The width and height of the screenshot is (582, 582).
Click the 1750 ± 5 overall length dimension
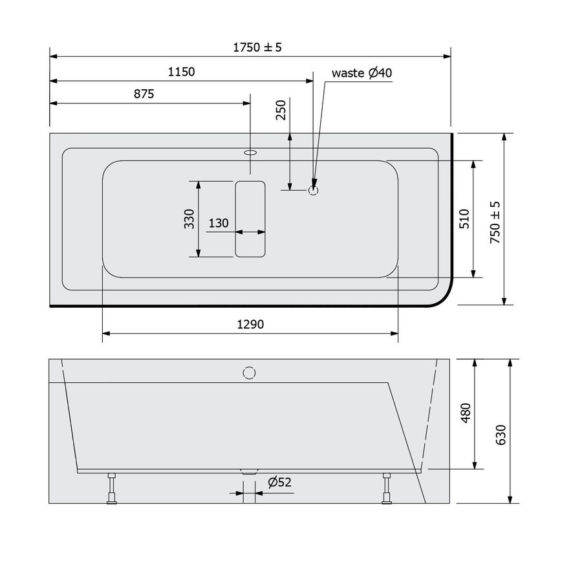point(258,47)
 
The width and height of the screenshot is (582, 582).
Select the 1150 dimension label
point(181,72)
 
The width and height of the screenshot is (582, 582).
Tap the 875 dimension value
point(144,94)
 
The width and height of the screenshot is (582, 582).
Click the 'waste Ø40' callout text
point(361,72)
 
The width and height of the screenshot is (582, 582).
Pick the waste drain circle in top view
point(314,190)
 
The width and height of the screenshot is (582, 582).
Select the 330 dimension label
point(189,219)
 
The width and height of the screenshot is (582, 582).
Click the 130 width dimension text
point(219,223)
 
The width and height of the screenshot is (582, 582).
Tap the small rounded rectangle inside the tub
point(250,219)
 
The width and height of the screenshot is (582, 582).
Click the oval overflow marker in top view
point(250,153)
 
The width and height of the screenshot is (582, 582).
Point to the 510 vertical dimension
point(464,219)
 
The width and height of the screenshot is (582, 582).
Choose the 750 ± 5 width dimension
point(495,219)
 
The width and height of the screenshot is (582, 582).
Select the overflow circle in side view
point(250,372)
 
